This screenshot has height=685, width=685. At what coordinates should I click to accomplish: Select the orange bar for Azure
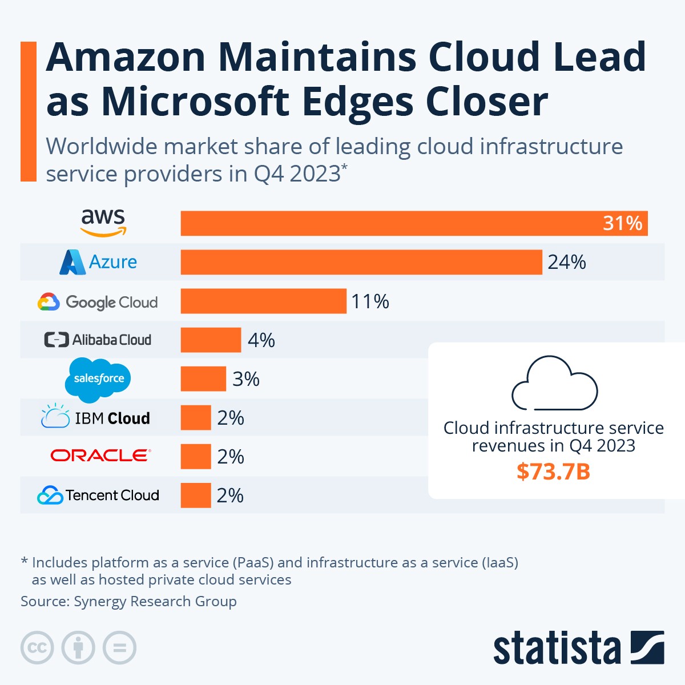(x=361, y=262)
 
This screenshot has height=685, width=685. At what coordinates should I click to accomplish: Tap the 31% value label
(x=622, y=223)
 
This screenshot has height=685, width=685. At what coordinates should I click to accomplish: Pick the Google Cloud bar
(x=263, y=301)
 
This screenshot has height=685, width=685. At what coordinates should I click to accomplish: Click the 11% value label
(x=370, y=301)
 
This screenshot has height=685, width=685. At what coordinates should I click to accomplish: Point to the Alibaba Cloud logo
(x=98, y=340)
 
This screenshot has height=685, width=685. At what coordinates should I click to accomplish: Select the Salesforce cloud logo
(x=98, y=378)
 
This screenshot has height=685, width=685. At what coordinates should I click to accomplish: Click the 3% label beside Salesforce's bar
(x=246, y=379)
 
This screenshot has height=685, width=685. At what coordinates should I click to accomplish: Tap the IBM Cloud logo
(x=96, y=418)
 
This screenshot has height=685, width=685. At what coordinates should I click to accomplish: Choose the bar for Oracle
(x=196, y=457)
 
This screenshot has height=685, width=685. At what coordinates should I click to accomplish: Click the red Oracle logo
(x=100, y=456)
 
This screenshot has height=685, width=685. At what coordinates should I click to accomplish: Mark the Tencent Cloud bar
(x=196, y=495)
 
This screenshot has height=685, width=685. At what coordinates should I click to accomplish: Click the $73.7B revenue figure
(x=553, y=472)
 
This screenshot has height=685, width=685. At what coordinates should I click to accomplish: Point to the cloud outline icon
(x=554, y=383)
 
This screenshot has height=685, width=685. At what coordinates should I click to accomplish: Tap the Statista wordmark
(x=557, y=648)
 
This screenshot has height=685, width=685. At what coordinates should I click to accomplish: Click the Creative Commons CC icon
(x=37, y=648)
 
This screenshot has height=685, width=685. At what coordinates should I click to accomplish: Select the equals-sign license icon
(x=119, y=648)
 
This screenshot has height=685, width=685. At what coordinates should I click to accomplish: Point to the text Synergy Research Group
(x=155, y=601)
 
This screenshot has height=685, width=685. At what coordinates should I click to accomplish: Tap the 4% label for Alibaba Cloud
(x=261, y=340)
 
